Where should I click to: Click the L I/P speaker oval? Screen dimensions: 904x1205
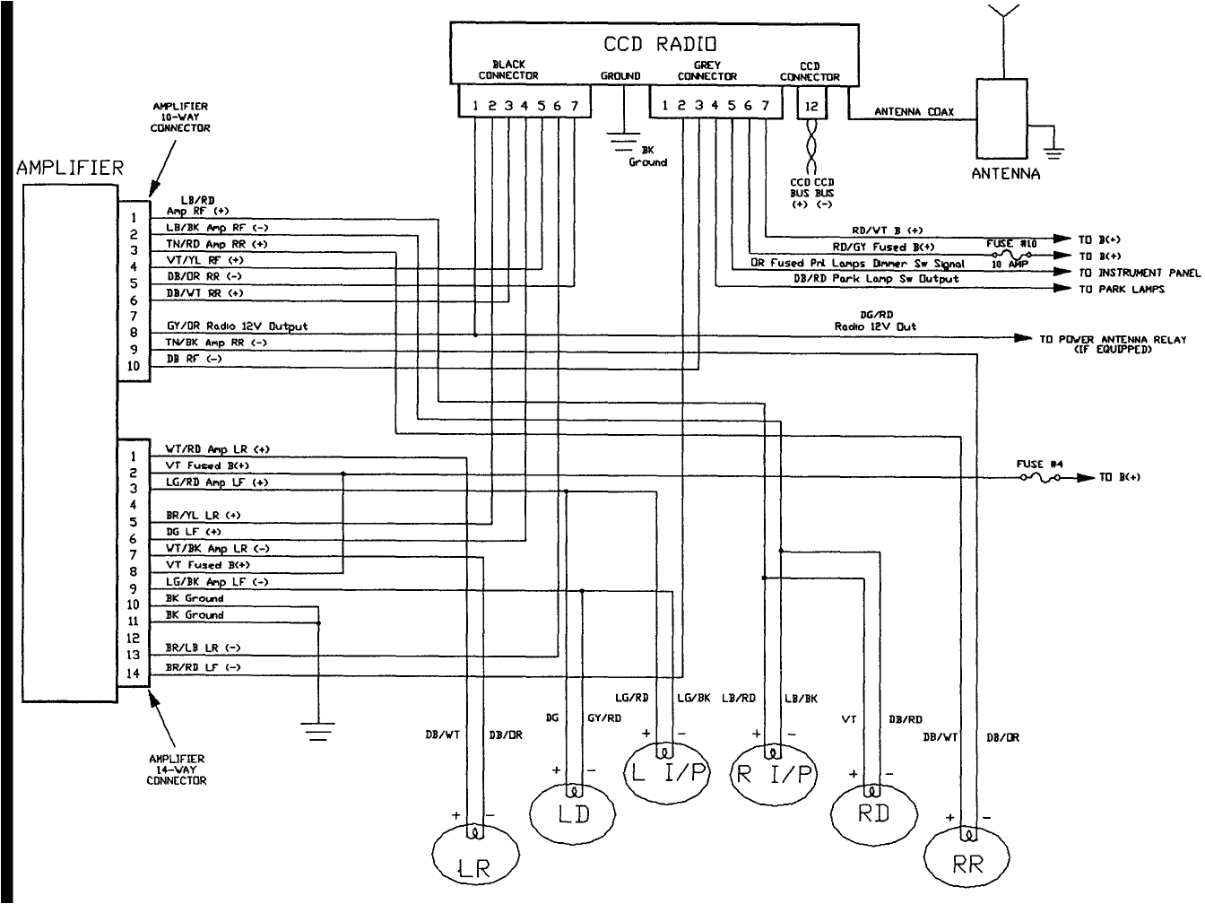[665, 772]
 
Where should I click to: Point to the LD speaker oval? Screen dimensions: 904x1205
[573, 813]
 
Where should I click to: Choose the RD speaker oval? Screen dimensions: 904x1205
[872, 813]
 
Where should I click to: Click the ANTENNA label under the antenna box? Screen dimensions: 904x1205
[1005, 174]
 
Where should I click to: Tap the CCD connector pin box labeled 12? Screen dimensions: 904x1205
[811, 105]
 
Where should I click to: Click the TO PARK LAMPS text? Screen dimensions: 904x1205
[1121, 289]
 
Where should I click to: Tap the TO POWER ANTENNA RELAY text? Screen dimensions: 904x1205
[1113, 340]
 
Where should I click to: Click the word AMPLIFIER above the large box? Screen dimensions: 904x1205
[69, 168]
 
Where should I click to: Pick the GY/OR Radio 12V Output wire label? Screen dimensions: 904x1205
[237, 326]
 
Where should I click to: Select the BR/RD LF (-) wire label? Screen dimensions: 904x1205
[203, 668]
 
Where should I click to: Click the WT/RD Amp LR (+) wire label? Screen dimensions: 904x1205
[217, 449]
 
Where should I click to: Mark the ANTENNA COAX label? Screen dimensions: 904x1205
[914, 113]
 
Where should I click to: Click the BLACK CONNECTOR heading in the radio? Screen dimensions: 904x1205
[508, 70]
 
